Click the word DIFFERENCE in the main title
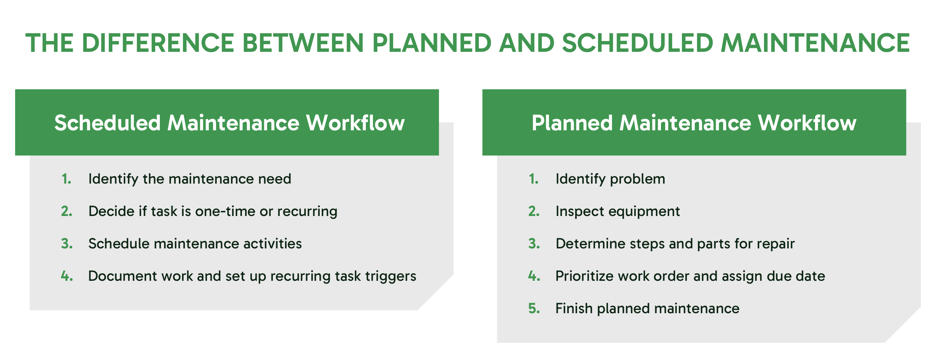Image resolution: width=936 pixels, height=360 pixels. [x=158, y=43]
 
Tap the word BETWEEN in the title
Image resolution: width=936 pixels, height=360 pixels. [x=303, y=43]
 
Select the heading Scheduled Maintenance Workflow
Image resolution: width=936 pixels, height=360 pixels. [x=229, y=123]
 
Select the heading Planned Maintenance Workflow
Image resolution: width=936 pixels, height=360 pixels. [x=694, y=123]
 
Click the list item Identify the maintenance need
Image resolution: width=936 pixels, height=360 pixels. [x=190, y=179]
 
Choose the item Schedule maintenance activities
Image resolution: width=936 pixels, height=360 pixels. [x=195, y=244]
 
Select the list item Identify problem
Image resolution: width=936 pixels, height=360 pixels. [x=610, y=179]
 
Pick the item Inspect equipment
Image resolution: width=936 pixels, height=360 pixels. [x=617, y=211]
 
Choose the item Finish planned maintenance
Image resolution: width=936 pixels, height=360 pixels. [x=647, y=309]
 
